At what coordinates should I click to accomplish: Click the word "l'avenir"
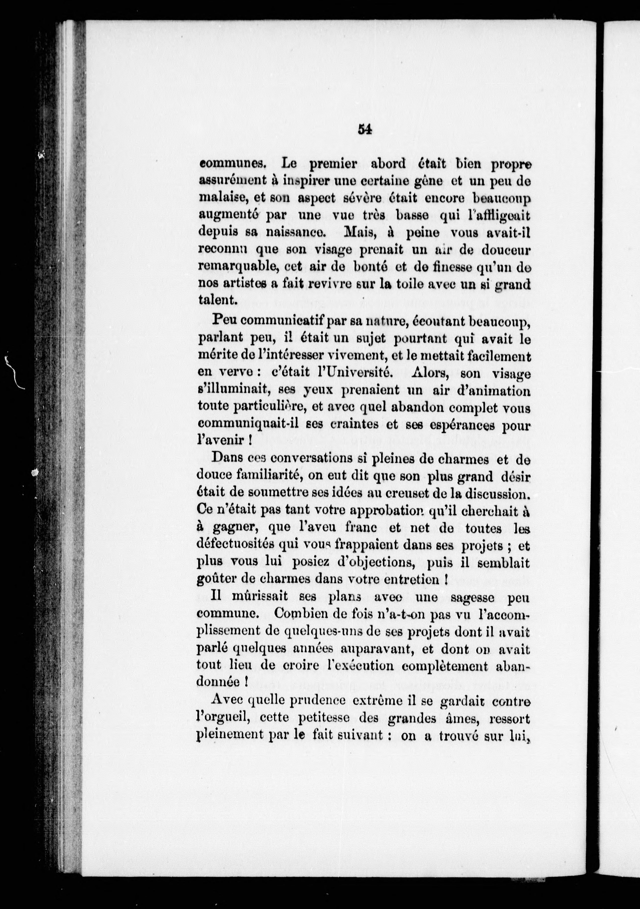click(222, 440)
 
